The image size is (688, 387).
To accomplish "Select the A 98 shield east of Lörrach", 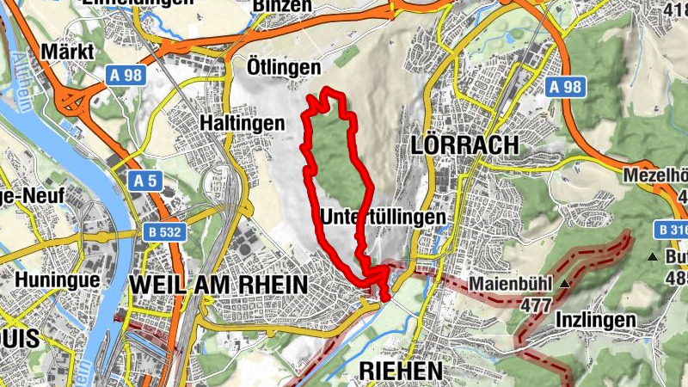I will coord(566,87).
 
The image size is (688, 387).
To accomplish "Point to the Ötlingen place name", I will coord(284,67).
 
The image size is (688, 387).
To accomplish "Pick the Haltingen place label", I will coord(242,123).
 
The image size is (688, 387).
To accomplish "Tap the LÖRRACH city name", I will coord(466,144).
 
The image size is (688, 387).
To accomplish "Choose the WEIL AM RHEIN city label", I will coord(218,283).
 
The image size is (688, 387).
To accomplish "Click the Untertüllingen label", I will coord(384,218).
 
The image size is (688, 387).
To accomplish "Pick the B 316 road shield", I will coord(671,230).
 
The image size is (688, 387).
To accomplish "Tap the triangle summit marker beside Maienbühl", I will coord(564,283).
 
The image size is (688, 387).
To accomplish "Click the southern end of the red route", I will coord(384,298).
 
